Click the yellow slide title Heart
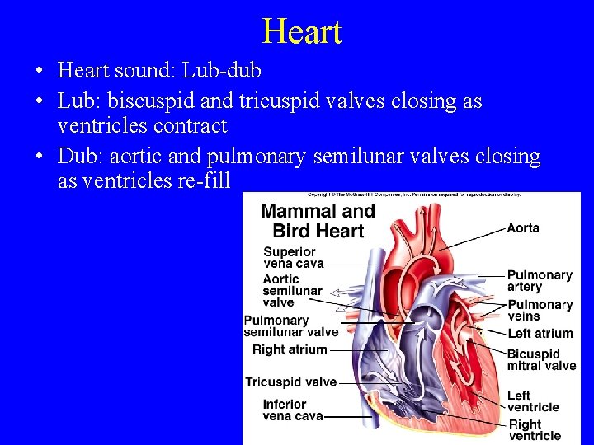click(301, 32)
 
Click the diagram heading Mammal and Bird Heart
click(318, 220)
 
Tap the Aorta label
click(524, 227)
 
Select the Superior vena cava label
click(290, 257)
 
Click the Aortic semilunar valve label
click(292, 291)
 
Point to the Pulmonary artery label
click(539, 280)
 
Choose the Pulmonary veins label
click(539, 310)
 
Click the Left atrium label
click(540, 333)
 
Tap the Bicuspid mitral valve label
click(541, 360)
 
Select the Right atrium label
click(290, 349)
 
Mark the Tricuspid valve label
click(290, 382)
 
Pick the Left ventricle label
click(533, 401)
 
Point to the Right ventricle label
click(535, 429)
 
